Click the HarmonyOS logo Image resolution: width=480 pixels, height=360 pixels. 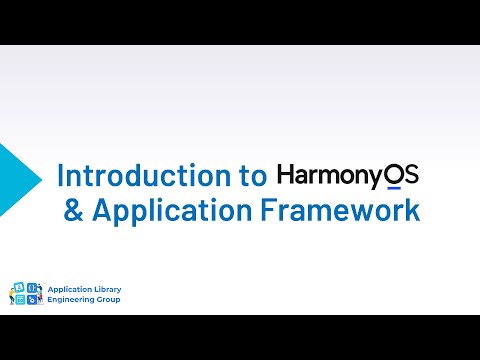coord(347,175)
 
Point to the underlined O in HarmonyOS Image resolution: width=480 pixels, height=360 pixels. coord(394,175)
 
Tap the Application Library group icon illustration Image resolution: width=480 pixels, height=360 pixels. coord(27,293)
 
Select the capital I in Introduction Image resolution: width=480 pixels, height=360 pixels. coord(62,175)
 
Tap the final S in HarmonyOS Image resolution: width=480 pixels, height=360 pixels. coord(411,175)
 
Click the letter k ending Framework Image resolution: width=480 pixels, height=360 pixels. coord(412,211)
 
